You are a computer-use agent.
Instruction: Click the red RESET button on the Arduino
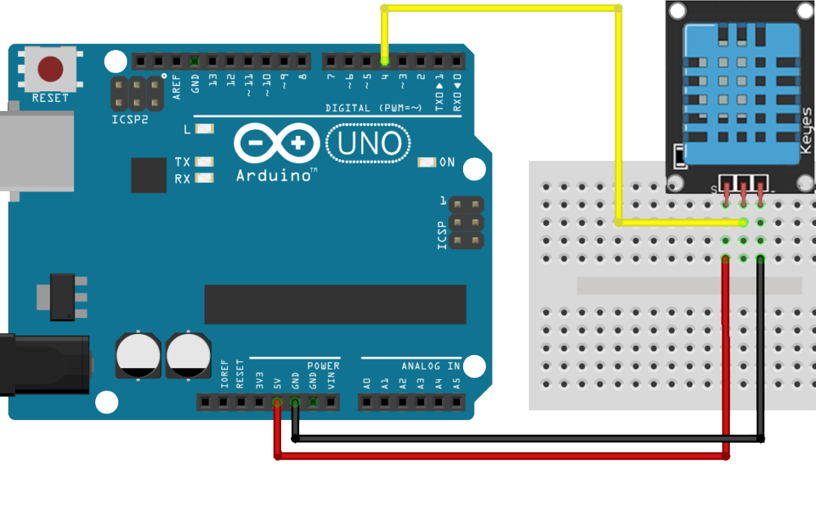pos(51,69)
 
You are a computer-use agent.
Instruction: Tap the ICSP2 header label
pos(131,119)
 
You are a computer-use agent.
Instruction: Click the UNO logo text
pos(369,143)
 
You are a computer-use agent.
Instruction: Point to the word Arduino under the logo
pos(274,175)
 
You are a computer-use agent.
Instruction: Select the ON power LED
pos(428,162)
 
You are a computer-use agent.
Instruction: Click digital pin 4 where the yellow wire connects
pos(385,60)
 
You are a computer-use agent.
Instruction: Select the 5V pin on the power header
pos(277,402)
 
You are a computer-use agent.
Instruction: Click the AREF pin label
pos(177,87)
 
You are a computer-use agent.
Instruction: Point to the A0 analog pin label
pos(367,382)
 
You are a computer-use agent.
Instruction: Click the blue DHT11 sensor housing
pos(740,83)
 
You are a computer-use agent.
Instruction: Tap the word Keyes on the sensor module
pos(805,130)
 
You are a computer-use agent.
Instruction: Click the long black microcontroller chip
pos(335,304)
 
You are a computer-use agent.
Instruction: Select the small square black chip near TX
pos(148,175)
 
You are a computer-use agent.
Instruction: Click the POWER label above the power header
pos(323,366)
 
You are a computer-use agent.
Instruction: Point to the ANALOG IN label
pos(431,366)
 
